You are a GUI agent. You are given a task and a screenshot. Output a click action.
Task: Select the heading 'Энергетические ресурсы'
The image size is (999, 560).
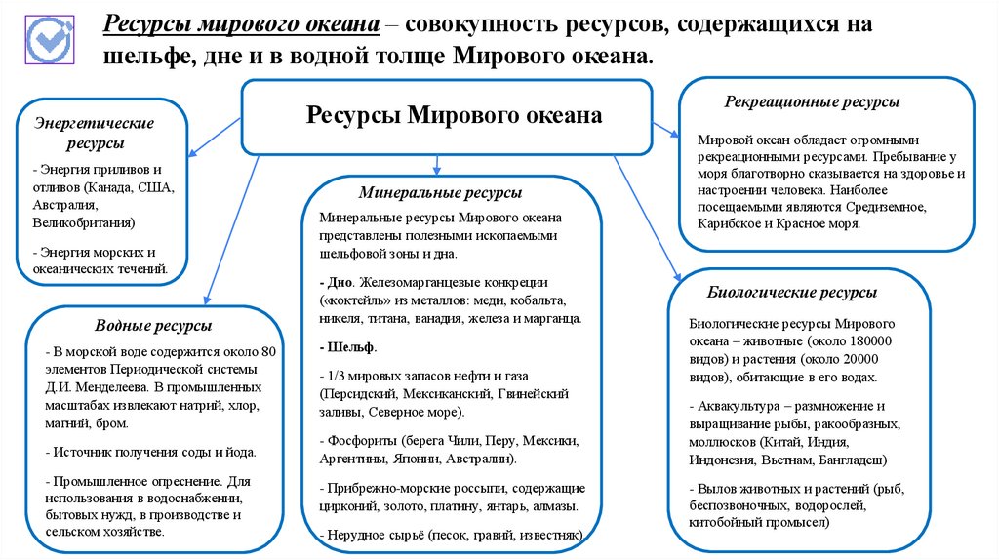[95, 135]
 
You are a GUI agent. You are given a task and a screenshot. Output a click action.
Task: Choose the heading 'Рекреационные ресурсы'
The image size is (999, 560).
[812, 101]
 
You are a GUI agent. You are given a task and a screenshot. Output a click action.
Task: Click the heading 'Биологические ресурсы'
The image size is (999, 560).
[791, 292]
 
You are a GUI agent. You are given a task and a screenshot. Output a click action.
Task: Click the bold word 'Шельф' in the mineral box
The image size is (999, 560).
[352, 347]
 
